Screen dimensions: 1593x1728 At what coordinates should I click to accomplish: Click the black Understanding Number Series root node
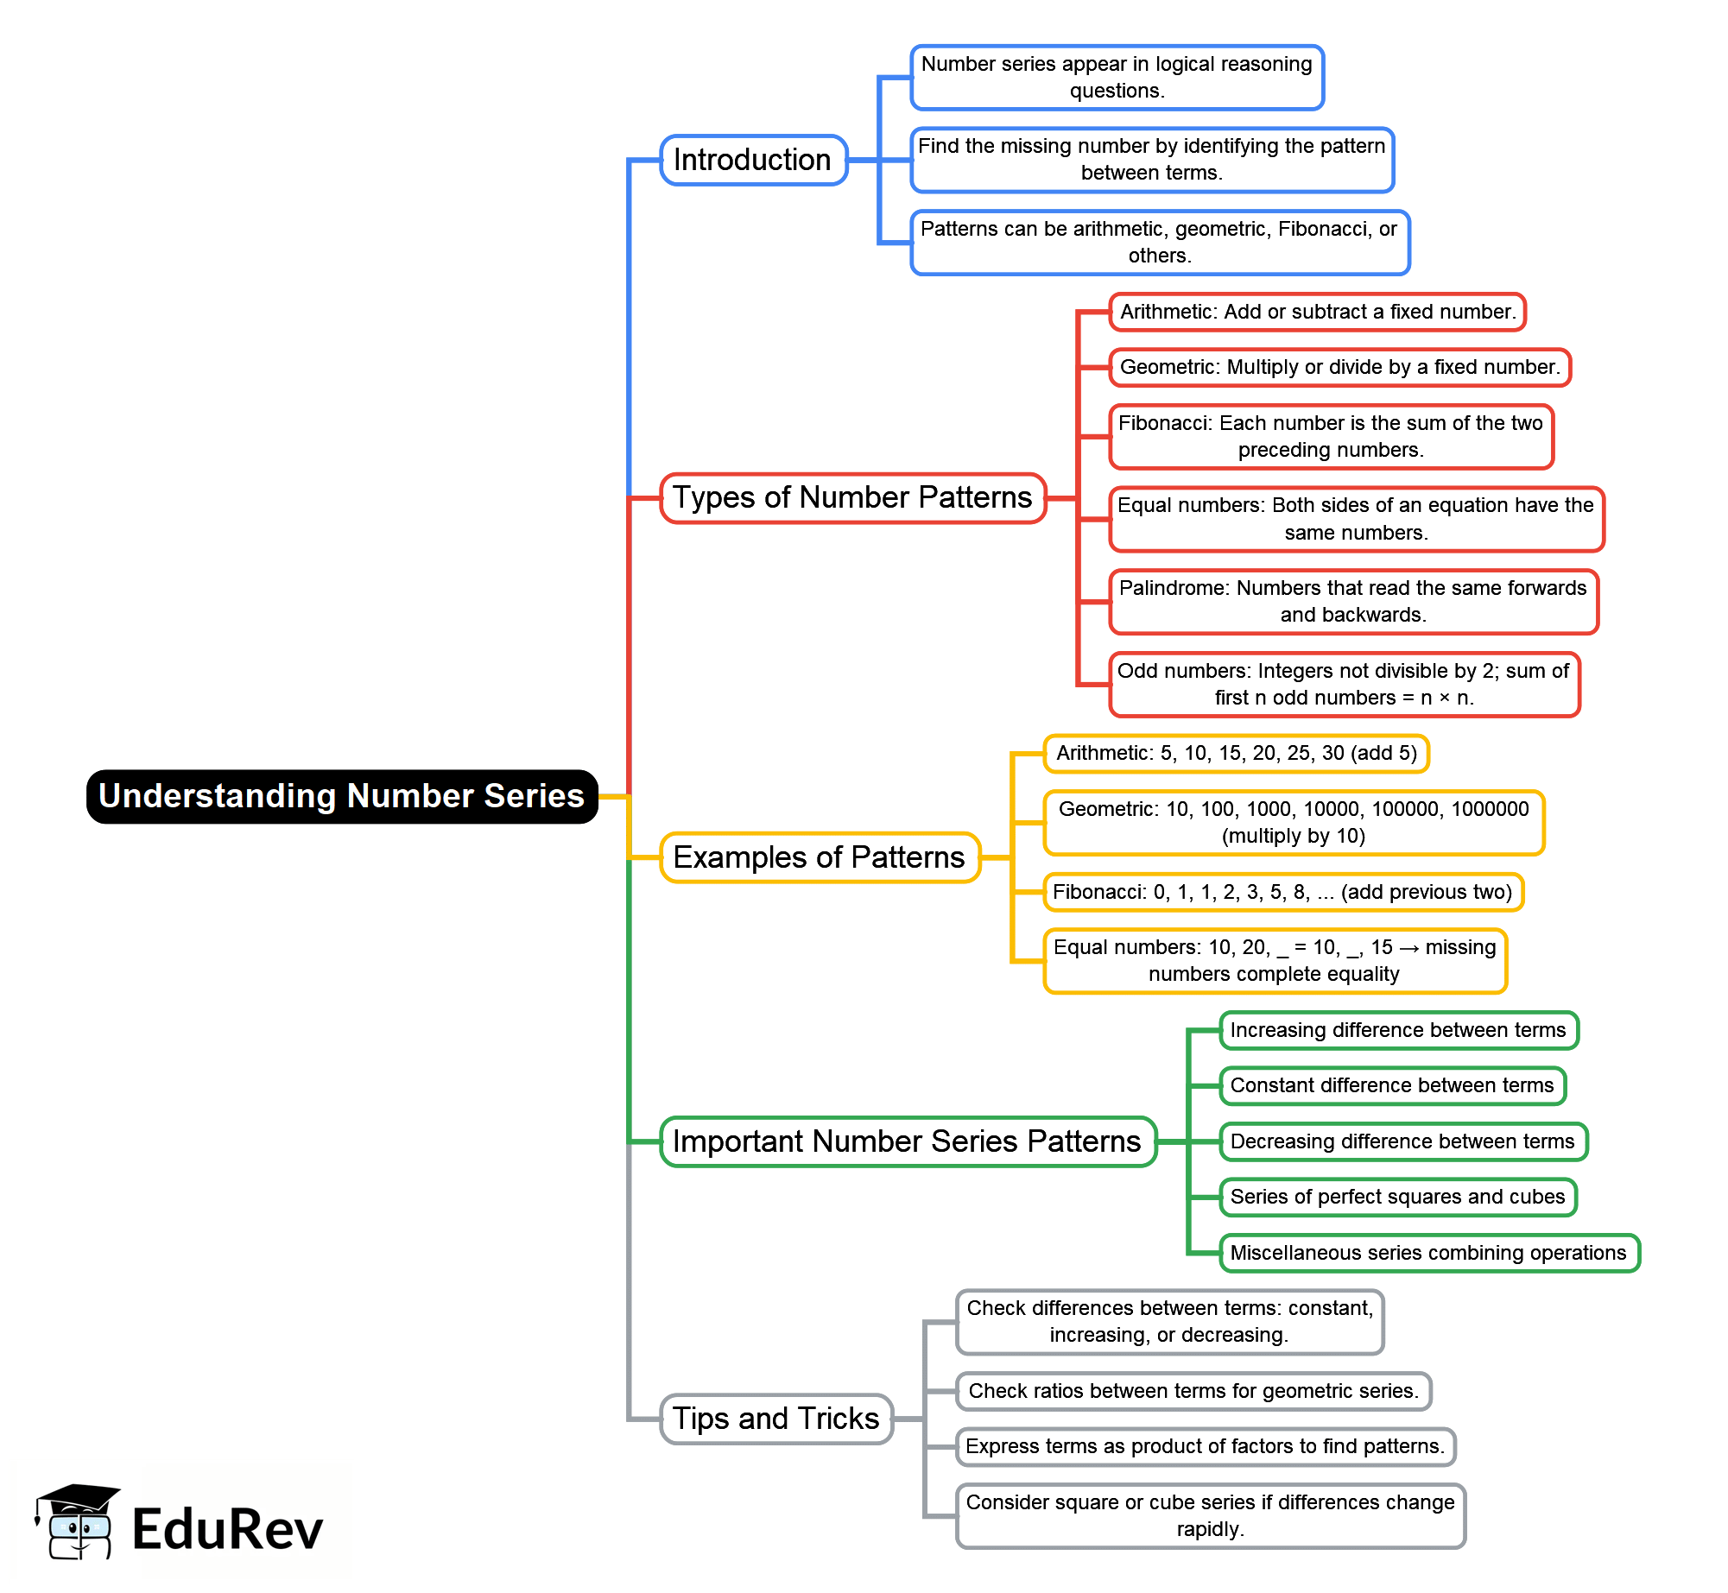(x=342, y=796)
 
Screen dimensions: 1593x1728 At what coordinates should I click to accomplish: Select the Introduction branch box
(x=753, y=160)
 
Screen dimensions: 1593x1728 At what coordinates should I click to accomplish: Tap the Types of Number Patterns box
(x=852, y=497)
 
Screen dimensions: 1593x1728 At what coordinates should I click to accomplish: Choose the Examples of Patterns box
(x=820, y=857)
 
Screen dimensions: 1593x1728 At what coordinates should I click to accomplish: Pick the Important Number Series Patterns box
(x=908, y=1141)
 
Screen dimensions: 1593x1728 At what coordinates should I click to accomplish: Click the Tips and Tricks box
(x=775, y=1419)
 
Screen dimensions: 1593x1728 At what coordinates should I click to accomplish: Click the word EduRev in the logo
(x=227, y=1529)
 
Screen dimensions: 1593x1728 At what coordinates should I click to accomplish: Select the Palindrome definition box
(x=1353, y=601)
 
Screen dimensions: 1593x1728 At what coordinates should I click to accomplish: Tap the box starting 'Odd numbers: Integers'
(x=1344, y=684)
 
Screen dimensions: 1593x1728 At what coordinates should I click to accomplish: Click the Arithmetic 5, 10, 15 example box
(x=1236, y=753)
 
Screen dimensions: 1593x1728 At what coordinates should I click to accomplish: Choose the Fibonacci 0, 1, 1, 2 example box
(x=1282, y=892)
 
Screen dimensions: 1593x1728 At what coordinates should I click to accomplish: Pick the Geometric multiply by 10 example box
(x=1293, y=822)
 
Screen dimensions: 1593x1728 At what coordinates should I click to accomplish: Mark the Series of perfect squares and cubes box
(x=1397, y=1197)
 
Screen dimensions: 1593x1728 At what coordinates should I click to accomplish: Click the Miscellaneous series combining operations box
(x=1428, y=1253)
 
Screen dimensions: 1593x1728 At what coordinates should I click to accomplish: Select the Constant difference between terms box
(x=1392, y=1085)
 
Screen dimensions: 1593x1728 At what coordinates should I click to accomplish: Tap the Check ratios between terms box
(x=1193, y=1391)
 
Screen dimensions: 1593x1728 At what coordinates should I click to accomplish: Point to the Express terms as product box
(x=1205, y=1446)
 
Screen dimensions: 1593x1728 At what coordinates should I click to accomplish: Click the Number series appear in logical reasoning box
(x=1117, y=77)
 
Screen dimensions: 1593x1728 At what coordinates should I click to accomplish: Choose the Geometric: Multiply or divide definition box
(x=1339, y=367)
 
